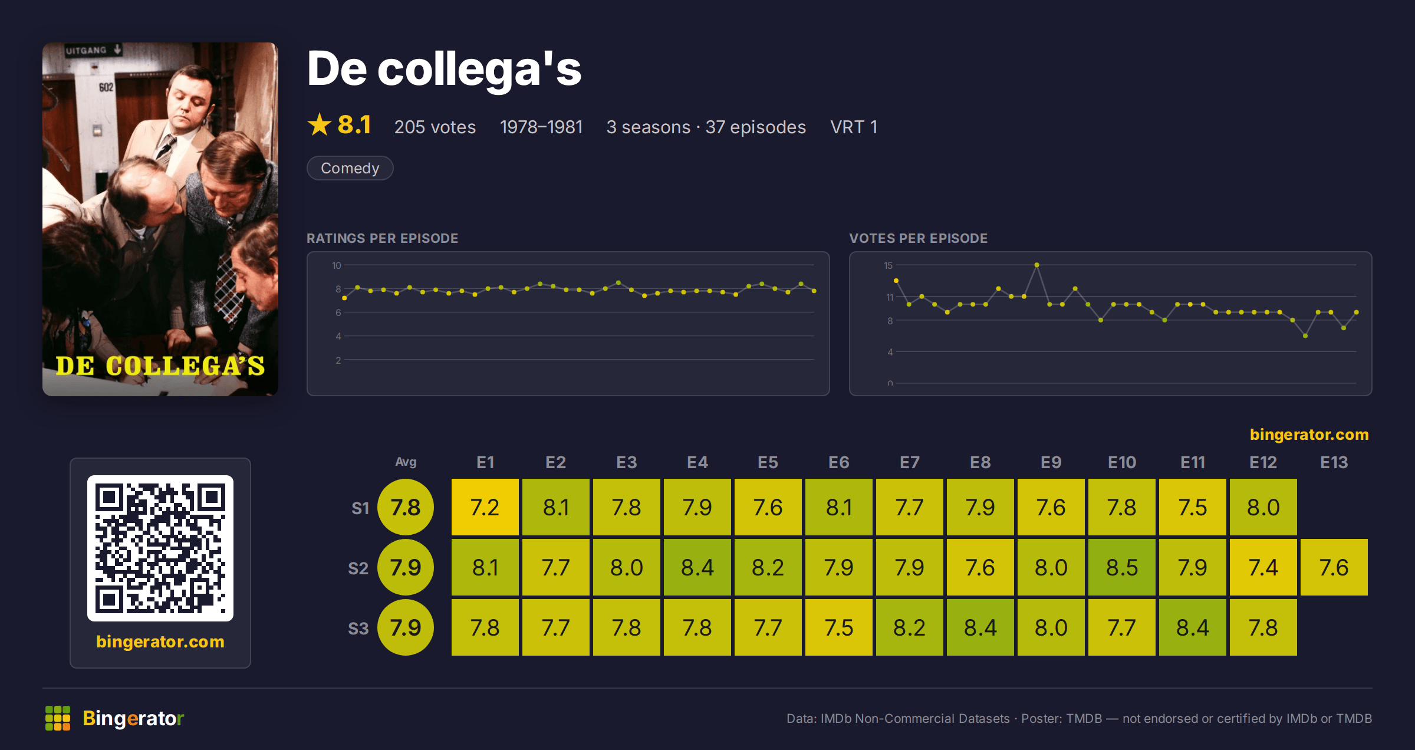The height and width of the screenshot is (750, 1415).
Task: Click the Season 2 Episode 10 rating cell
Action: point(1121,567)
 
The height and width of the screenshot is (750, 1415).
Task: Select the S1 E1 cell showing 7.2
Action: point(485,507)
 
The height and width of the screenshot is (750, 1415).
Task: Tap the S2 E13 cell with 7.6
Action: point(1334,567)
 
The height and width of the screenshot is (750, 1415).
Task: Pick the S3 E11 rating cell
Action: point(1192,627)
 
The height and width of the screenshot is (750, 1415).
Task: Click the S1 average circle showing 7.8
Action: point(406,507)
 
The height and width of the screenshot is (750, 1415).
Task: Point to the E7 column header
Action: point(909,462)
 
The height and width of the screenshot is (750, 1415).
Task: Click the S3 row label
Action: point(358,629)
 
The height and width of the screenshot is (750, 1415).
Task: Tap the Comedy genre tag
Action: point(350,168)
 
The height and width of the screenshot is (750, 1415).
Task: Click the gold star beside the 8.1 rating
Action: point(320,124)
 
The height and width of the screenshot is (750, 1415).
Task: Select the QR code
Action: point(160,548)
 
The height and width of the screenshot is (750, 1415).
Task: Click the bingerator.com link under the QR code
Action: point(160,642)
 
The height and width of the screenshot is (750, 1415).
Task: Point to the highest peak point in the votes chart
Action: point(1036,265)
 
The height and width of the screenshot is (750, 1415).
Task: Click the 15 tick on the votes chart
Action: point(888,265)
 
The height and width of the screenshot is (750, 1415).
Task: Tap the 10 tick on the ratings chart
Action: point(336,265)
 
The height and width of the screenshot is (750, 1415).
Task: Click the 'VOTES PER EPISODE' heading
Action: point(918,238)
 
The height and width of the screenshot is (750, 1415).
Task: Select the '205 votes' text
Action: point(435,127)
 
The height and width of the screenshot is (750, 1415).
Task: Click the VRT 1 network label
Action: point(854,127)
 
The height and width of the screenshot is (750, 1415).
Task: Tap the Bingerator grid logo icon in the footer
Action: point(58,718)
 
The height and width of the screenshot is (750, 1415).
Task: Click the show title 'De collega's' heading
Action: point(444,68)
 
